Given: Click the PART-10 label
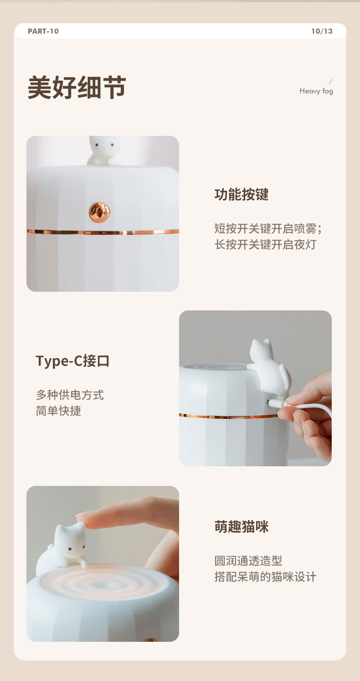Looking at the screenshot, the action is [x=43, y=31].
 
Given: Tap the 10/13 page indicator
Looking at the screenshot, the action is [x=322, y=31].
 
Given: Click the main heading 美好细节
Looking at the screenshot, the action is [x=77, y=87].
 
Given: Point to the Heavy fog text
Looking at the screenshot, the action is [x=316, y=91].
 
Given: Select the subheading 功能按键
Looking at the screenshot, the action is [x=242, y=194].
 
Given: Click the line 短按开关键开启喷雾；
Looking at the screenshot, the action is [x=268, y=228].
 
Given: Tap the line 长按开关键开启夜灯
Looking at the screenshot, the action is [x=265, y=244].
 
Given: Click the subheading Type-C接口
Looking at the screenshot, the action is [x=72, y=361].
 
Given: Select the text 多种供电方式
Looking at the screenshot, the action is [x=70, y=395].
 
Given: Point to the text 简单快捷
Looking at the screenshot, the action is [x=58, y=411].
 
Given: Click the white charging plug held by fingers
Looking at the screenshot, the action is [x=277, y=403].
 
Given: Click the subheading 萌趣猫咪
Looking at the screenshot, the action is [x=242, y=526].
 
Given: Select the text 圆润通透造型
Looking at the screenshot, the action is [x=248, y=561].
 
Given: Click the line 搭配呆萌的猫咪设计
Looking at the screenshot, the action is [x=265, y=577].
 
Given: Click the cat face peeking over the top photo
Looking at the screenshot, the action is [x=104, y=145].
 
